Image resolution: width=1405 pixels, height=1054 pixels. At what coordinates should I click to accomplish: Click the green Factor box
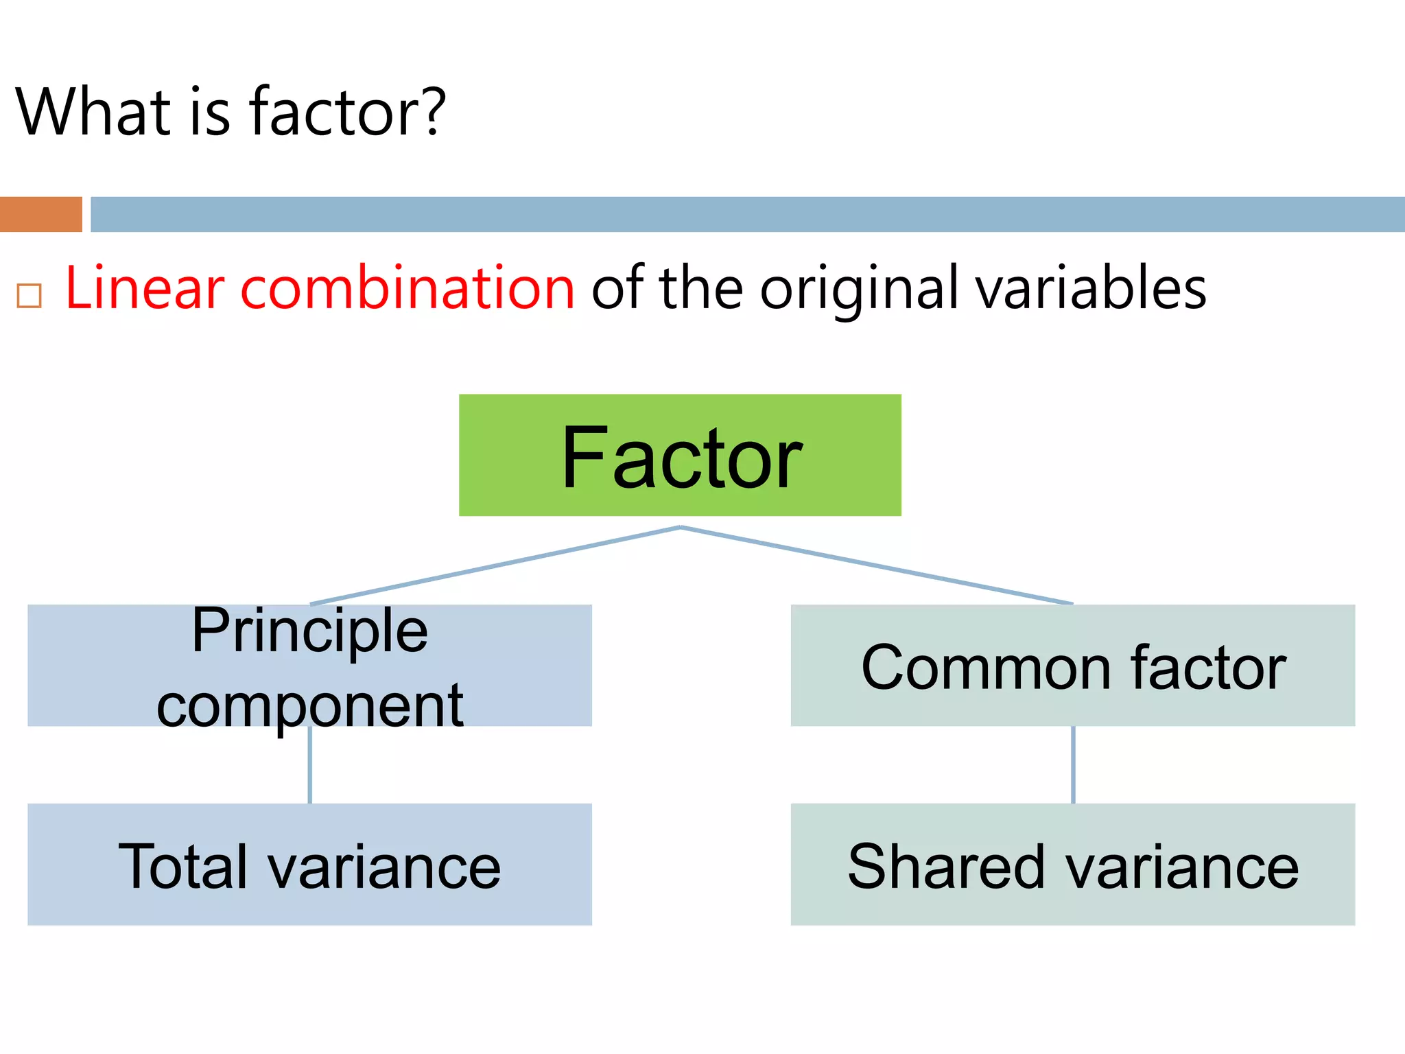click(680, 455)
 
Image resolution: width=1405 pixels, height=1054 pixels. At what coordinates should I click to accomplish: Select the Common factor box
click(1073, 666)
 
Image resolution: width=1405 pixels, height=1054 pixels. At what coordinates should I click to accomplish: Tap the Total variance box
click(309, 865)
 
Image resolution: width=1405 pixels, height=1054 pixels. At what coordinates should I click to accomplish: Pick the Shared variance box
click(1073, 865)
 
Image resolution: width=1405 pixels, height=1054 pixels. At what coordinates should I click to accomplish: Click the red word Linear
click(145, 288)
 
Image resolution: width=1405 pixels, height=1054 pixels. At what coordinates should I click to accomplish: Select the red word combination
click(408, 288)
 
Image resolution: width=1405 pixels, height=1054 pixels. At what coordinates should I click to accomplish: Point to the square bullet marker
click(29, 296)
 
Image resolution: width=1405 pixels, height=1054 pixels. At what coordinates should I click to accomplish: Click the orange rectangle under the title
click(40, 214)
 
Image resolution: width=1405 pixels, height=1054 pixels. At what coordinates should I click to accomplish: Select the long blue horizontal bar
click(748, 214)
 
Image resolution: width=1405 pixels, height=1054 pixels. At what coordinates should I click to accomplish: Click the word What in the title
click(93, 112)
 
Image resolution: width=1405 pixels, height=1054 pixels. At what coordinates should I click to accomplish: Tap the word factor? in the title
click(348, 112)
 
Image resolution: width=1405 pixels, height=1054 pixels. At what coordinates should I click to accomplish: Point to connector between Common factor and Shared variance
click(1073, 764)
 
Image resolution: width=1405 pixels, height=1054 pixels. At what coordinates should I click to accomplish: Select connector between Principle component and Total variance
click(310, 764)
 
